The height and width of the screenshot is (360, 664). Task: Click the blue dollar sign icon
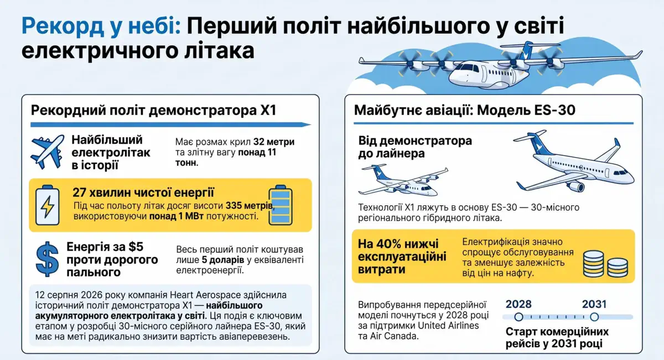[48, 259]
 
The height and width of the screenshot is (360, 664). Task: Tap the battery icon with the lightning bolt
[48, 205]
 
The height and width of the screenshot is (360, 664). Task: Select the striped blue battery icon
[281, 205]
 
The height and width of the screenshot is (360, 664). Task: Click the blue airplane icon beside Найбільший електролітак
[48, 152]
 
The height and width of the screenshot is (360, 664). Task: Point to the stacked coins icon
[605, 264]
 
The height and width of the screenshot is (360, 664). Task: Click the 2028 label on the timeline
[518, 304]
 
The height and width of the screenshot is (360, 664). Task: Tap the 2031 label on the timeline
[594, 304]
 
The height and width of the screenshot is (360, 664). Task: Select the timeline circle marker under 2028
[519, 317]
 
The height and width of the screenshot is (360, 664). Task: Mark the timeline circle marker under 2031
[594, 317]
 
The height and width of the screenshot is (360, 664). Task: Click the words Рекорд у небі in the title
[101, 27]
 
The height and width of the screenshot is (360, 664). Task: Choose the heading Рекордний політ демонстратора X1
[154, 111]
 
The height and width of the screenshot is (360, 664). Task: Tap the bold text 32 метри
[274, 142]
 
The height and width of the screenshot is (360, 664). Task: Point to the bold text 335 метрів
[250, 206]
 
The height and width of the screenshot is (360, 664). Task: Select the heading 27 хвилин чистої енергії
[143, 192]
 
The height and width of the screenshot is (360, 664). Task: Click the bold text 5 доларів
[223, 260]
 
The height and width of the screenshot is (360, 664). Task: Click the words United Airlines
[449, 326]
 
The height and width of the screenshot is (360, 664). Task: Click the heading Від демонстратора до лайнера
[415, 147]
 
